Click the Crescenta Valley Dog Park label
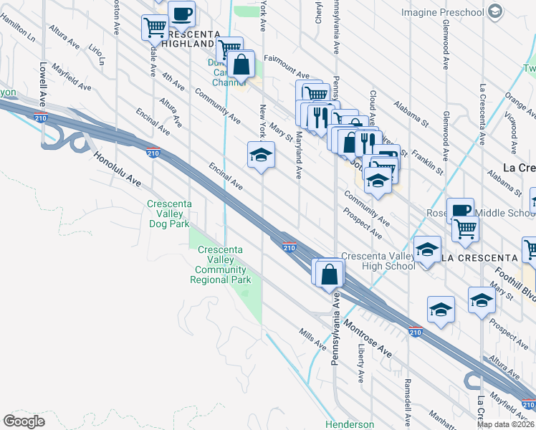coord(169,214)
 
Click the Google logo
coord(24,421)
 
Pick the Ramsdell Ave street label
coord(407,393)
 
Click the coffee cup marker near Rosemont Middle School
coord(460,210)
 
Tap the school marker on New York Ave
coord(261,155)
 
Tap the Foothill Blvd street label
coord(516,284)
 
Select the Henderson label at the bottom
coord(350,424)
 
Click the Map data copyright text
coord(505,424)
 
